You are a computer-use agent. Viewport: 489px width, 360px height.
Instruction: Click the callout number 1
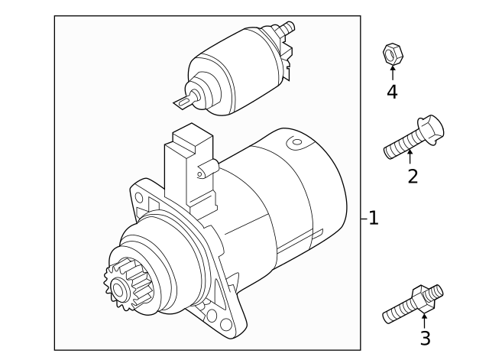click(373, 219)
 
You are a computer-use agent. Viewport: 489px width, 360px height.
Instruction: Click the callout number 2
click(413, 177)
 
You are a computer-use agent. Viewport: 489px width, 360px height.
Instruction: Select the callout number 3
click(425, 337)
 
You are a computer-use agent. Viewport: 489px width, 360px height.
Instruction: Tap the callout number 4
click(392, 92)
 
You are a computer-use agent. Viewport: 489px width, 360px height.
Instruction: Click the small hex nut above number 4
click(392, 54)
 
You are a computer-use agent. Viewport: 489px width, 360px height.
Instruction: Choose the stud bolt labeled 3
click(413, 303)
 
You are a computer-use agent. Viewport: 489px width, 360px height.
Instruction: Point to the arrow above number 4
click(392, 73)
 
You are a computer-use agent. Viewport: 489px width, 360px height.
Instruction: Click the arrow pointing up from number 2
click(410, 157)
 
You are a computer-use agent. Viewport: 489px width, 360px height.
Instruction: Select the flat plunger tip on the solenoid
click(183, 102)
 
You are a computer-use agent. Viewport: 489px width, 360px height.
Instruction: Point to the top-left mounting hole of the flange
click(139, 196)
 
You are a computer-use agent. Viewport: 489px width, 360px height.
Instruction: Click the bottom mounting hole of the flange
click(225, 325)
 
